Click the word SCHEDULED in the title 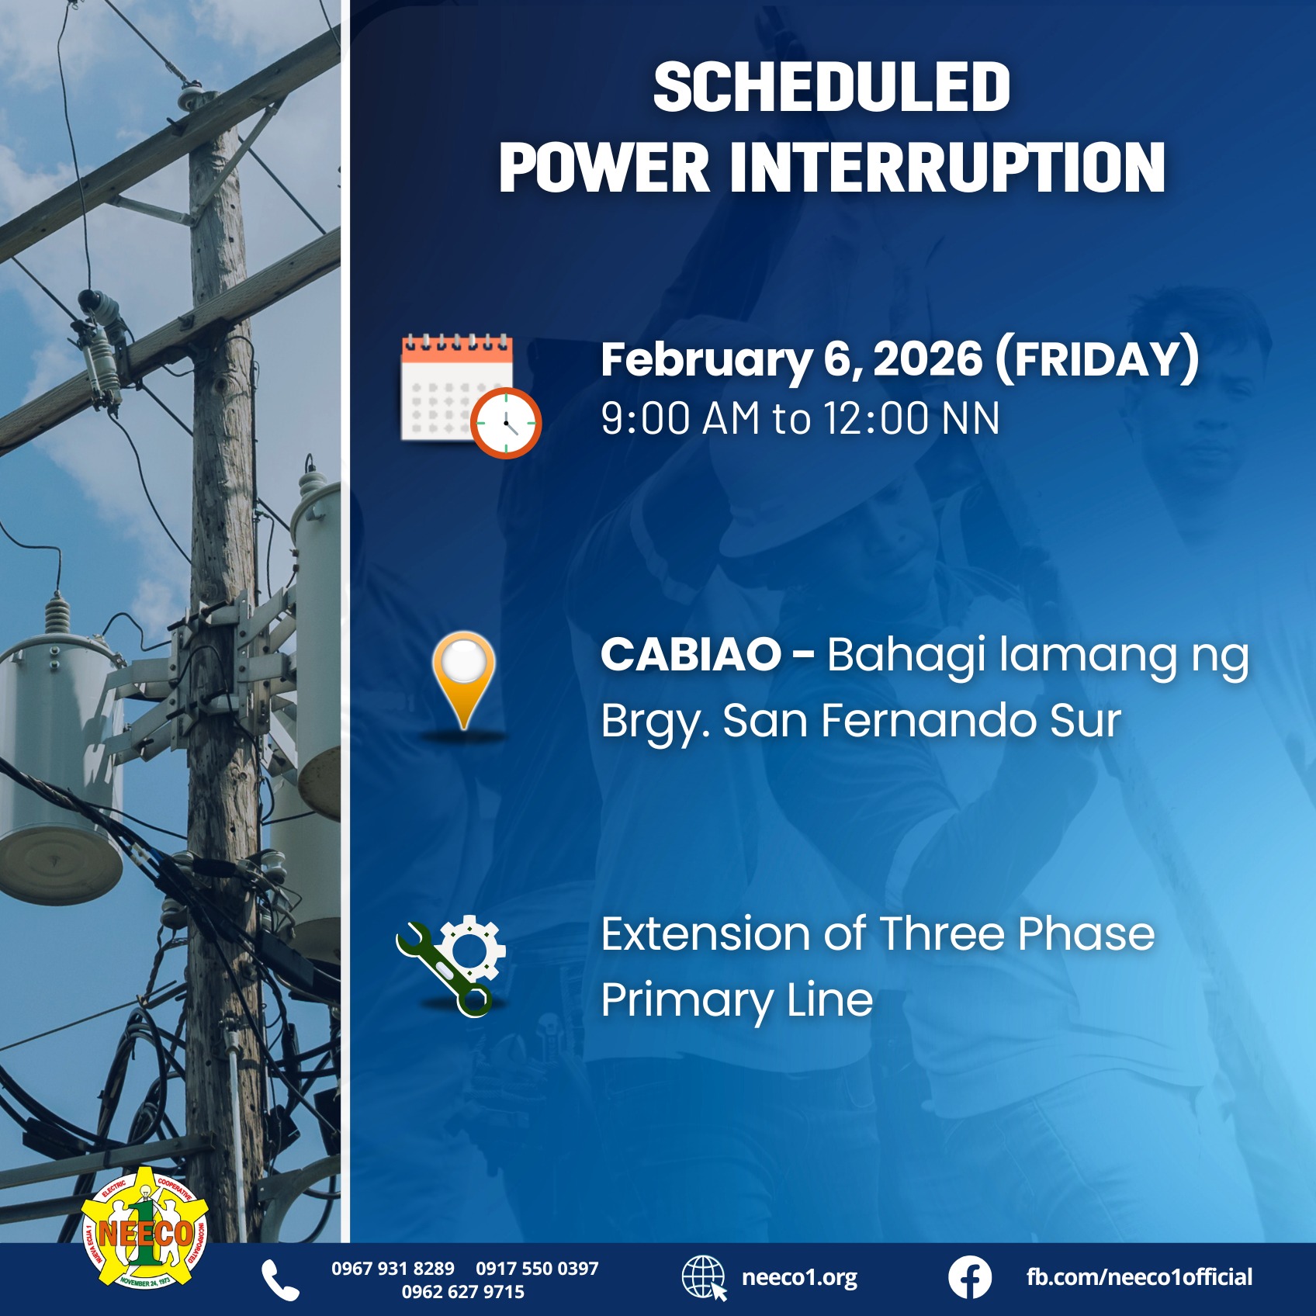tap(831, 87)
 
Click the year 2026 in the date tap(927, 359)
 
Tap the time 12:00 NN tap(911, 419)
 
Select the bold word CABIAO tap(691, 654)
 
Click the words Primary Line tap(736, 999)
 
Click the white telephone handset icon tap(280, 1280)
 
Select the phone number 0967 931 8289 tap(393, 1269)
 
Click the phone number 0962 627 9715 tap(462, 1292)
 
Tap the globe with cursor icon tap(704, 1278)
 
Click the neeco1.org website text tap(799, 1277)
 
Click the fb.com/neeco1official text tap(1138, 1277)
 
